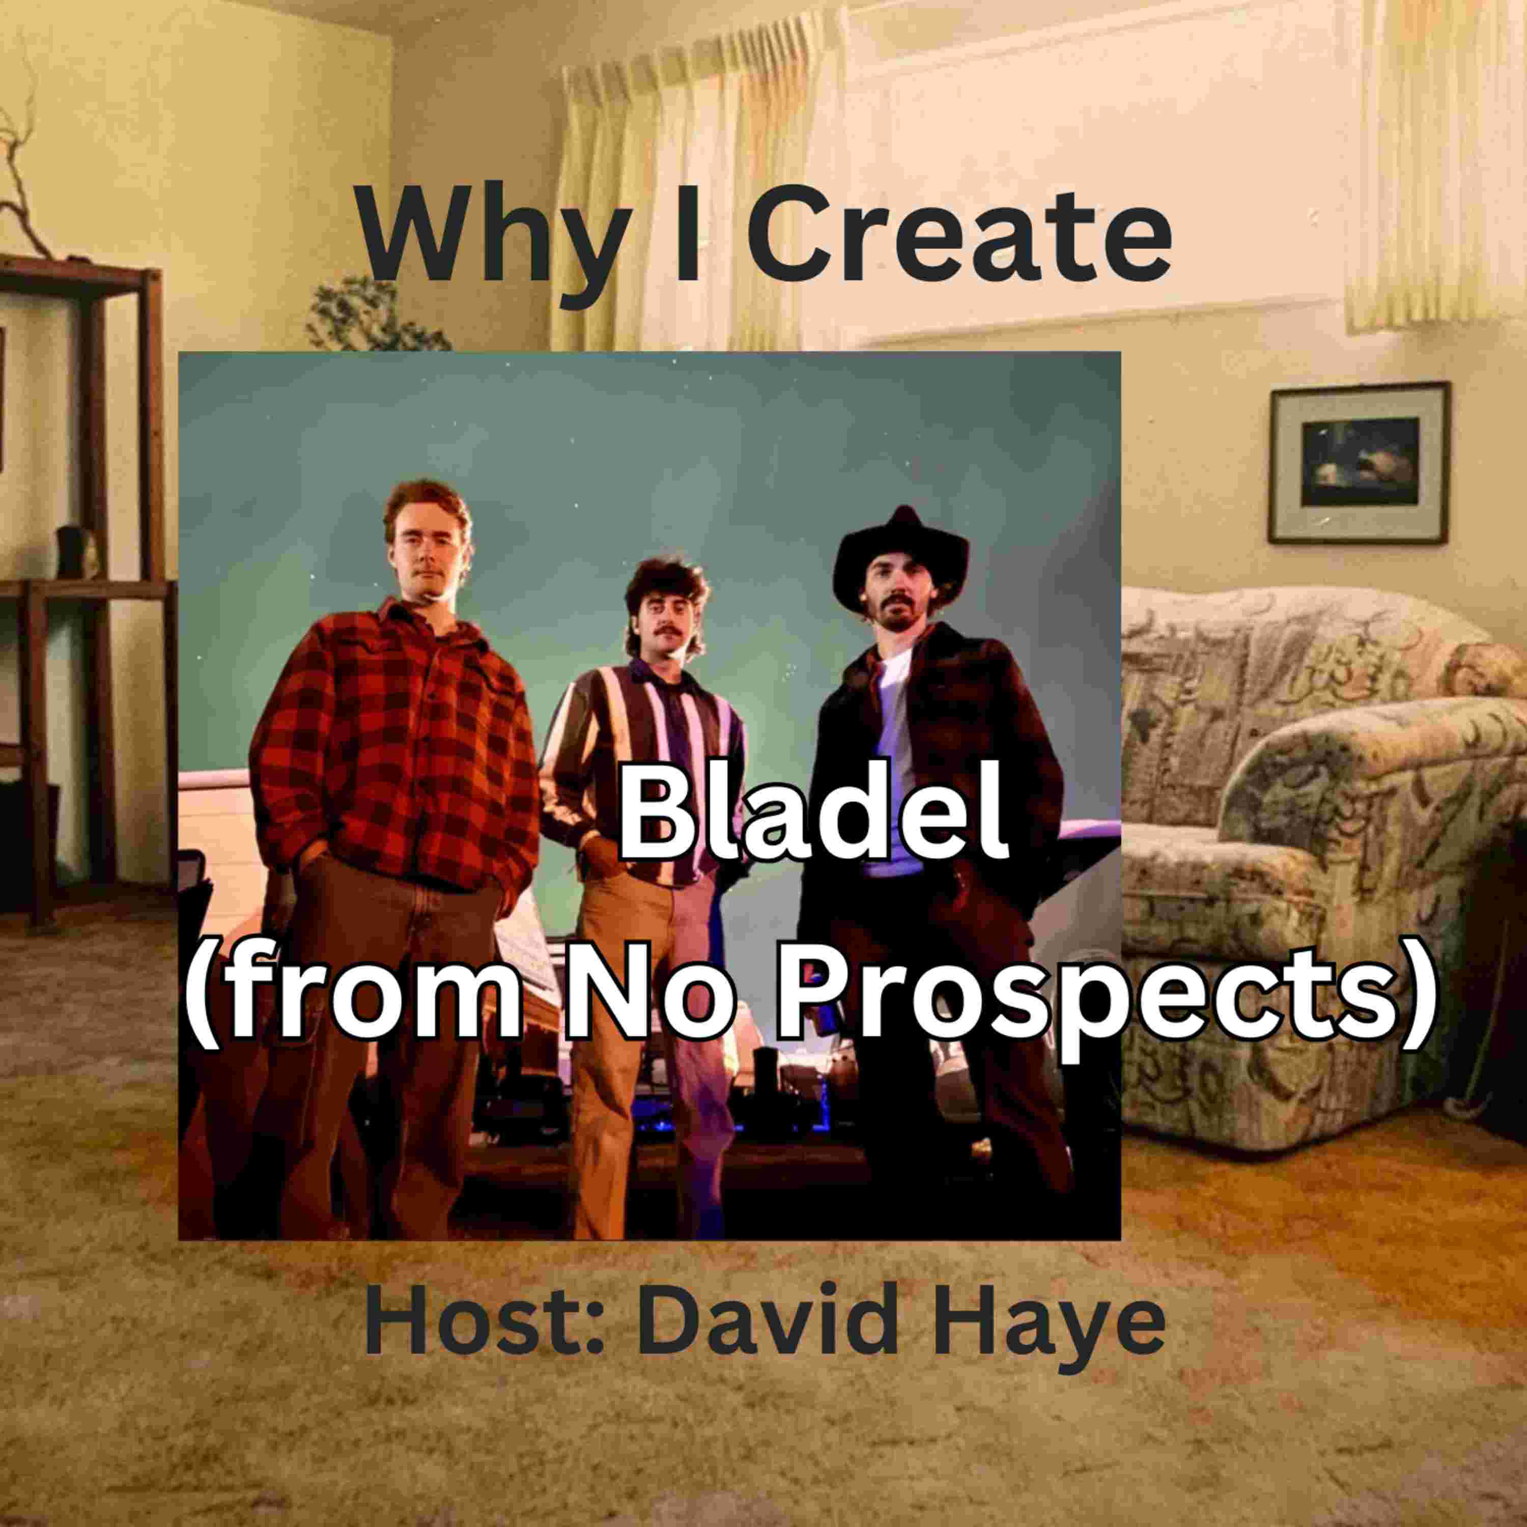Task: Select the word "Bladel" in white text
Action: [x=812, y=823]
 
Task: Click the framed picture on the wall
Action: [x=1359, y=462]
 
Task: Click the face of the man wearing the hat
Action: [x=897, y=593]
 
